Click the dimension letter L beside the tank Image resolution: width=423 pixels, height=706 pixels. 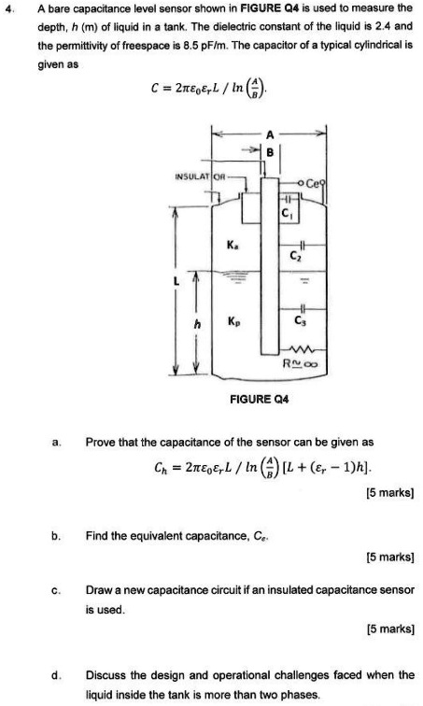(x=171, y=279)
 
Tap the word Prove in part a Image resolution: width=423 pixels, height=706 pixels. (x=101, y=442)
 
